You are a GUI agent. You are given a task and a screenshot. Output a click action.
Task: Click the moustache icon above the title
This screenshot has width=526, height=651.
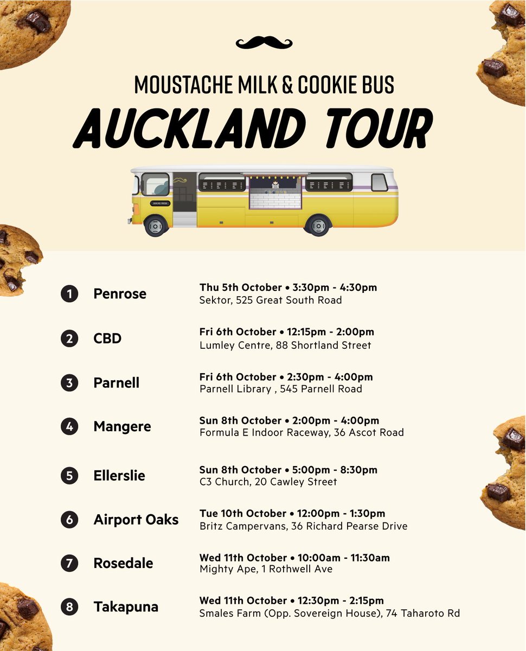pyautogui.click(x=264, y=42)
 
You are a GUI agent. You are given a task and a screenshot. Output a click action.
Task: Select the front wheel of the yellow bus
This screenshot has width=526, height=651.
pyautogui.click(x=156, y=225)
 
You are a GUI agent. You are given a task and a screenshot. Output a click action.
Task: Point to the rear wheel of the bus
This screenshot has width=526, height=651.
pyautogui.click(x=318, y=225)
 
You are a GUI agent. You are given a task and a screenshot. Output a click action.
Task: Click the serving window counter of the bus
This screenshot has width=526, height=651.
pyautogui.click(x=275, y=199)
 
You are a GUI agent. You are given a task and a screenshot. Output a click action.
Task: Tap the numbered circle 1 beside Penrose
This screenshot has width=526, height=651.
pyautogui.click(x=69, y=294)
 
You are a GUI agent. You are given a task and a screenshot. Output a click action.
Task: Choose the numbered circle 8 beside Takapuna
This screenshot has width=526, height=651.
pyautogui.click(x=69, y=607)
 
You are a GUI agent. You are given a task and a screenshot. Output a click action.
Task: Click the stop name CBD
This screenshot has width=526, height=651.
pyautogui.click(x=107, y=339)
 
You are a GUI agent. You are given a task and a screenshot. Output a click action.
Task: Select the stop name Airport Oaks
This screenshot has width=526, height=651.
pyautogui.click(x=136, y=519)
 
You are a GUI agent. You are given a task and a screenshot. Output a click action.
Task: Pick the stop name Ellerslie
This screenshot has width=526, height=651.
pyautogui.click(x=119, y=475)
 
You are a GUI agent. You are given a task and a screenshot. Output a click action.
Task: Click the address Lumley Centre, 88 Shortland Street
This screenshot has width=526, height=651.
pyautogui.click(x=285, y=345)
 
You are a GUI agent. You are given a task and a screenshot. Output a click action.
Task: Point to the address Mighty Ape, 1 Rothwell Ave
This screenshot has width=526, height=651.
pyautogui.click(x=266, y=569)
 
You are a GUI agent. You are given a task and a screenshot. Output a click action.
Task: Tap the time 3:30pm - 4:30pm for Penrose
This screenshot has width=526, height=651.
pyautogui.click(x=338, y=287)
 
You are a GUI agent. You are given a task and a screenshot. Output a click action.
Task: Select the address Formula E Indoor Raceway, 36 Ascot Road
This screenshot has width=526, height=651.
pyautogui.click(x=302, y=432)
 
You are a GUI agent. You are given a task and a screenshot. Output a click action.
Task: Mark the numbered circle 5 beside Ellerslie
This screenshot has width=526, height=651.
pyautogui.click(x=69, y=476)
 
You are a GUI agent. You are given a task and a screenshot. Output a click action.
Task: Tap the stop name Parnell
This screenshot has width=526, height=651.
pyautogui.click(x=116, y=382)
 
